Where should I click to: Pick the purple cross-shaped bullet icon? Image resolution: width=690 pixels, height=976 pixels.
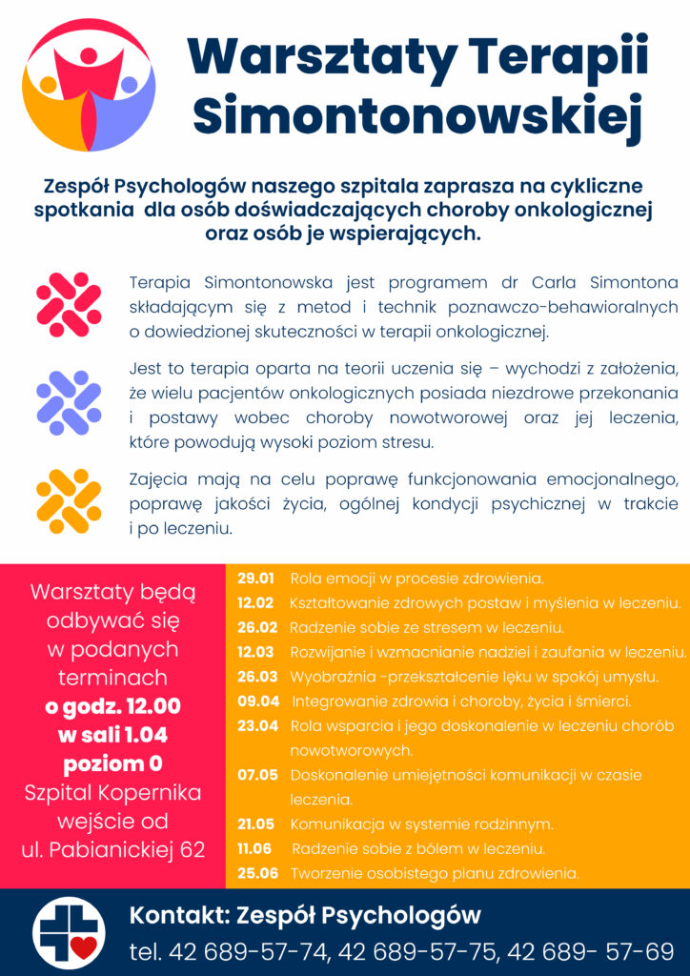[69, 401]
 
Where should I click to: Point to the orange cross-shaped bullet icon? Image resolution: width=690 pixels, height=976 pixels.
[69, 501]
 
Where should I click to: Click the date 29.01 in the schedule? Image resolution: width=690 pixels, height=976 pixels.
[255, 579]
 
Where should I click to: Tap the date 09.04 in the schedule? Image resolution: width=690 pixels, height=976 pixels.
[258, 701]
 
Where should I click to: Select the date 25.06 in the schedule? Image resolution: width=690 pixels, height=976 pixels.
[257, 873]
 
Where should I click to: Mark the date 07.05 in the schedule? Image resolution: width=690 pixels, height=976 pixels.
[257, 775]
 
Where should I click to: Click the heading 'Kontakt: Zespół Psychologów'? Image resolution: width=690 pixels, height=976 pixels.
[305, 916]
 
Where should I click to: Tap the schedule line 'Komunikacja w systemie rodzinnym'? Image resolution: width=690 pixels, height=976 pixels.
[421, 823]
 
